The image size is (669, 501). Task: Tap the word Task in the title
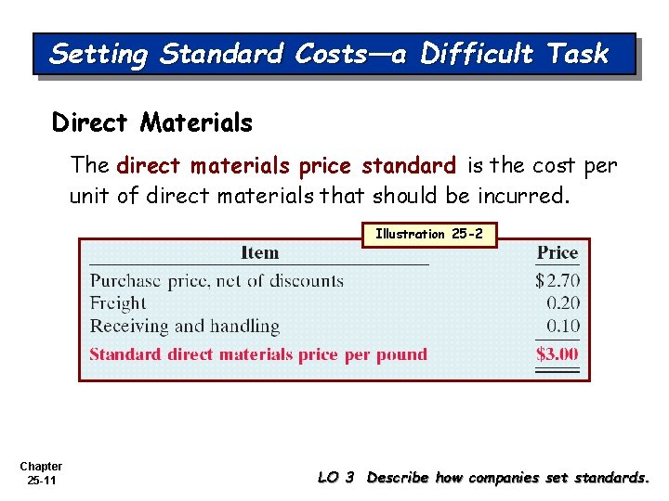click(x=578, y=54)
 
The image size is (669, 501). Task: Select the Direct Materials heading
click(x=152, y=122)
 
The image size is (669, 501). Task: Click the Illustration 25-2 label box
click(x=429, y=235)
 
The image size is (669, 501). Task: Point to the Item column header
click(x=259, y=252)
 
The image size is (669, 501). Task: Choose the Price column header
click(x=557, y=252)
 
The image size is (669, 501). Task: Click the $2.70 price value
click(x=557, y=280)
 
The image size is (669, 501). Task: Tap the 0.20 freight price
click(x=562, y=303)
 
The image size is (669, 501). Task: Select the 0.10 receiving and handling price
click(x=562, y=327)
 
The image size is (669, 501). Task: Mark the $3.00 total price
click(x=557, y=353)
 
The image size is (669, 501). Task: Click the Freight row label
click(x=118, y=303)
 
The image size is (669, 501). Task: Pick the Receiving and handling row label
click(x=184, y=327)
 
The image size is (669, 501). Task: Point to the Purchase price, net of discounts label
click(x=216, y=280)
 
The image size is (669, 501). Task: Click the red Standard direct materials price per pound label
click(x=258, y=354)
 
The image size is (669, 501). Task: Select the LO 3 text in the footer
click(x=336, y=478)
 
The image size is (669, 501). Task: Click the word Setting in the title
click(x=99, y=54)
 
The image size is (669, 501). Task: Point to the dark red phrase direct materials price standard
click(x=286, y=167)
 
